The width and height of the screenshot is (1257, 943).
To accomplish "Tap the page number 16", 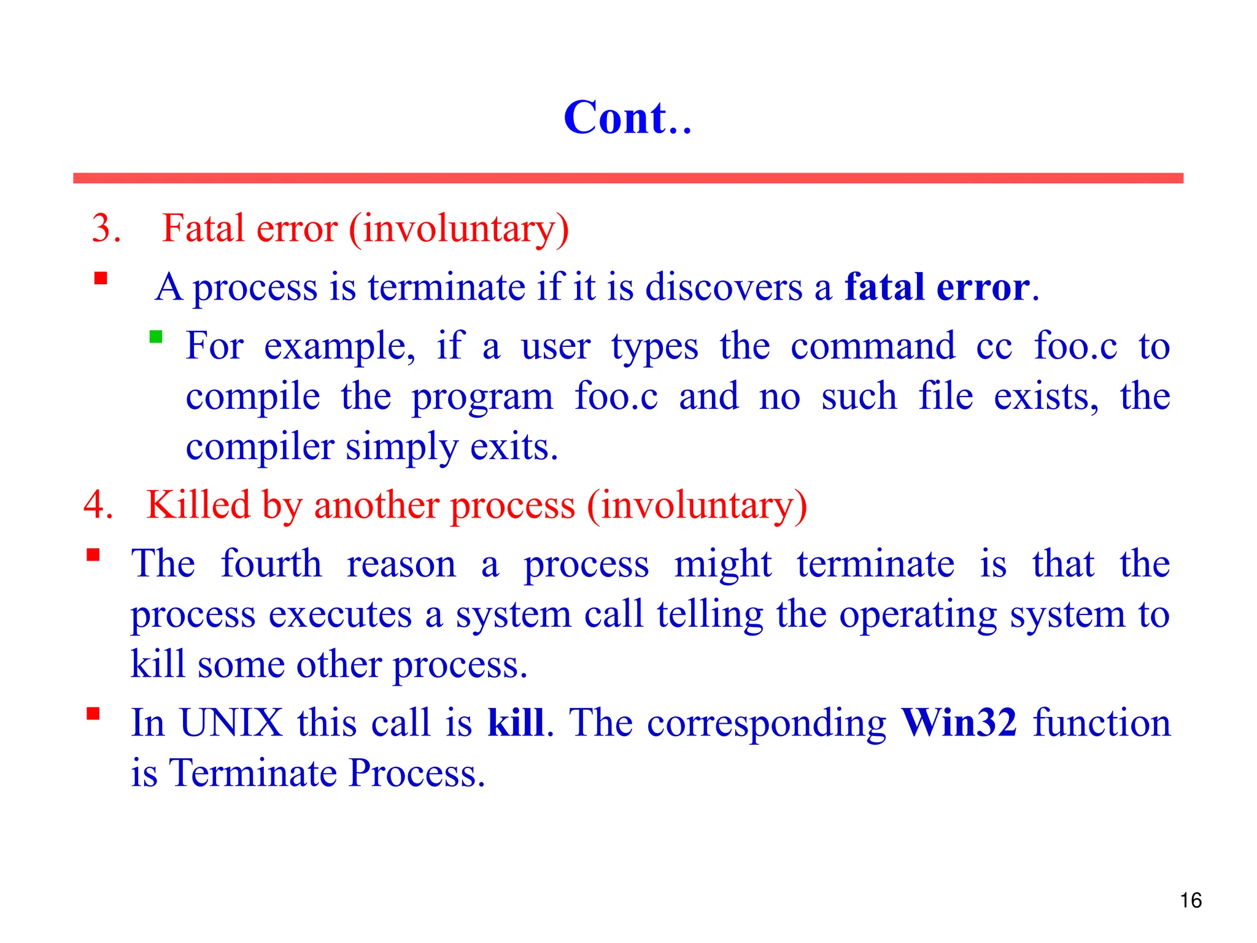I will coord(1190,900).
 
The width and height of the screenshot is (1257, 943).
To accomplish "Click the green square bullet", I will coord(156,336).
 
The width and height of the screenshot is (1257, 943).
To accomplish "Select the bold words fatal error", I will coord(937,287).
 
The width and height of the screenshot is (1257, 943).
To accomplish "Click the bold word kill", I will coord(516,723).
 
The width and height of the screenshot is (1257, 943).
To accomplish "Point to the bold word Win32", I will coord(959,723).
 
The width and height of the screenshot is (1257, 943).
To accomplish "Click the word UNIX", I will coord(231,723).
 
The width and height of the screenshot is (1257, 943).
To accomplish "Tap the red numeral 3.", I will coord(106,228).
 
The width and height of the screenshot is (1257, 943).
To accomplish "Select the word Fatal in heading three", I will coord(203,228).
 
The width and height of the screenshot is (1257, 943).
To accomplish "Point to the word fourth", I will coord(271,564).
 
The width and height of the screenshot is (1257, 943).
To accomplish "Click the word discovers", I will coord(724,287).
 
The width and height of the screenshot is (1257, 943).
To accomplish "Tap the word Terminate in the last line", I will coord(252,773).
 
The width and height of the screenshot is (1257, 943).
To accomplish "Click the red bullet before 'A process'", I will coord(101,279).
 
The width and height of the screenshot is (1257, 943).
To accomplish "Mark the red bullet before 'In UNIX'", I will coord(93,713).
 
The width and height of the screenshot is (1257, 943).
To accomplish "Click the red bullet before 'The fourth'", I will coord(93,555).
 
